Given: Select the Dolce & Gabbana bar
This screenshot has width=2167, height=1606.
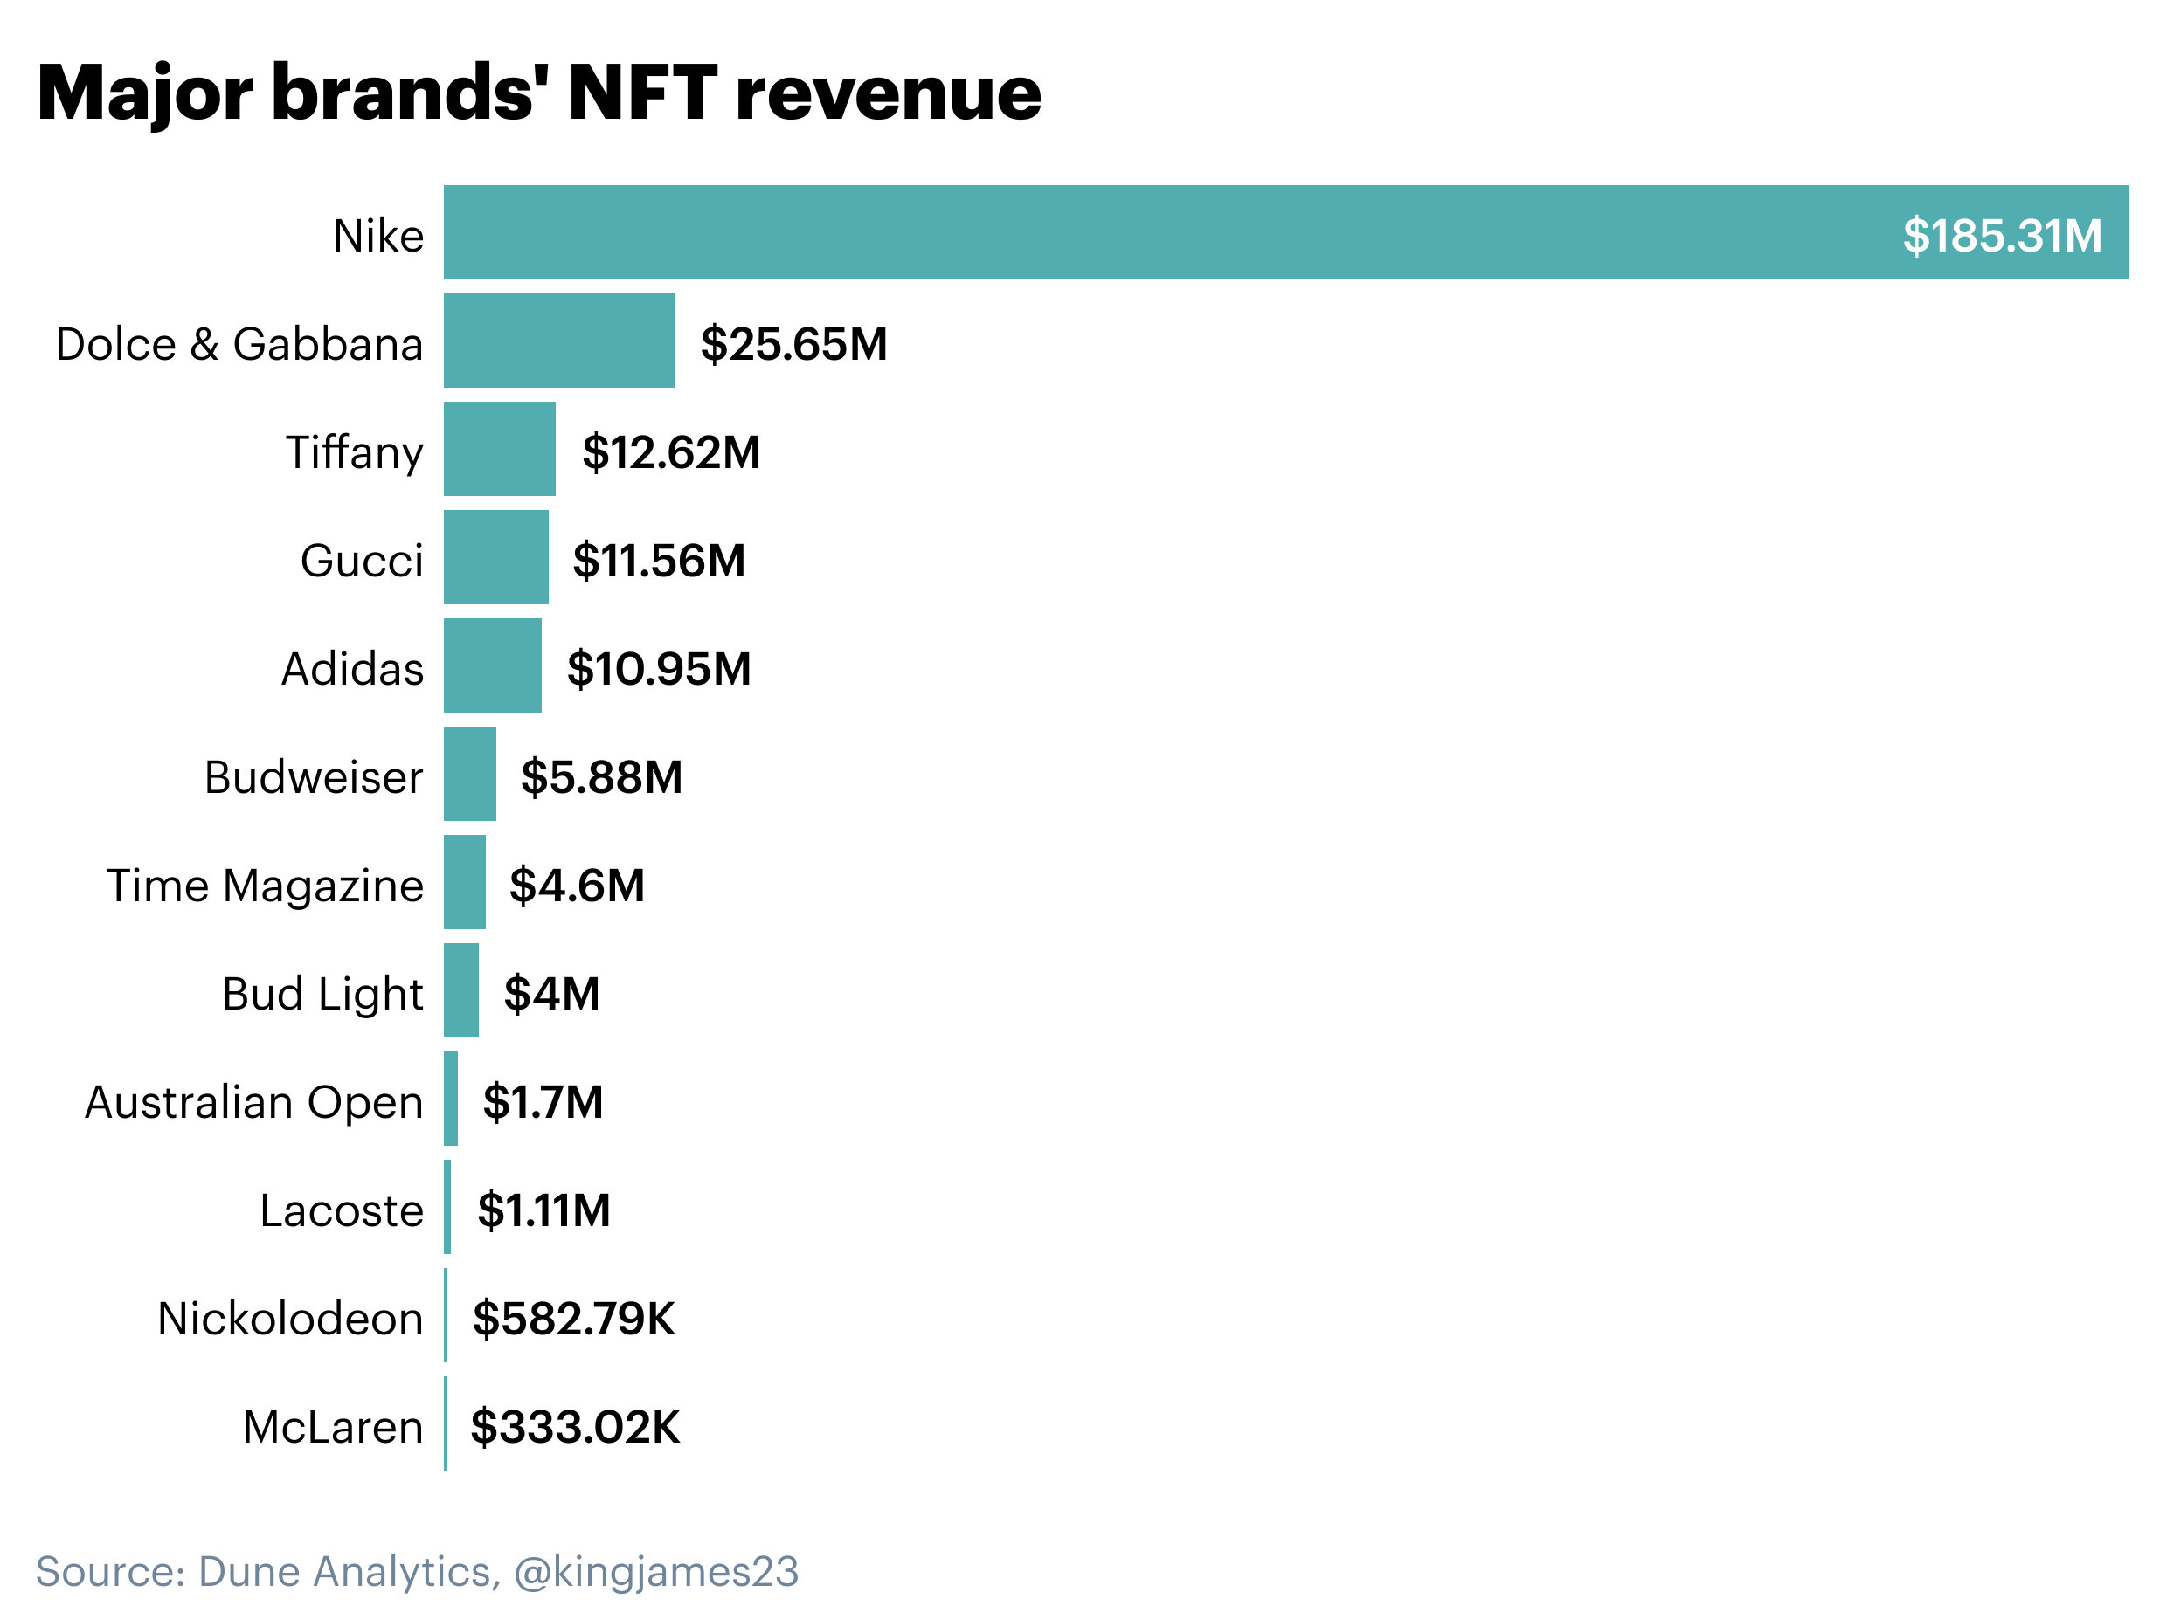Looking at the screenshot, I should (558, 341).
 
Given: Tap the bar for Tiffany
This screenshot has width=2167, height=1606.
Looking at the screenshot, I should (499, 449).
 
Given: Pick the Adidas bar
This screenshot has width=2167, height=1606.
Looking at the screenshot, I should (492, 666).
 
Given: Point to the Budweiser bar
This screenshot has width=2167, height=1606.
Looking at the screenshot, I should (470, 774).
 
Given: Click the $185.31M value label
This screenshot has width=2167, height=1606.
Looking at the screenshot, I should (2001, 235).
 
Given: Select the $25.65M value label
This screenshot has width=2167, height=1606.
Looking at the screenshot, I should (793, 344).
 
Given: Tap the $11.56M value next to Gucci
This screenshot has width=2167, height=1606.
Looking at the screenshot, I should (659, 561).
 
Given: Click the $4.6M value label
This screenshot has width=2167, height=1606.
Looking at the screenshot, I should (577, 886).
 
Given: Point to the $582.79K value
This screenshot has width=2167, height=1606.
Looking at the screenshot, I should (573, 1320).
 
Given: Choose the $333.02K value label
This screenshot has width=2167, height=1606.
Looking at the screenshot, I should (575, 1427).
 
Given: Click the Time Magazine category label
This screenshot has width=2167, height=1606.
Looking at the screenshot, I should (265, 886).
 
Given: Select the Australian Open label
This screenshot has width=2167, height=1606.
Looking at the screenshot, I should (254, 1102).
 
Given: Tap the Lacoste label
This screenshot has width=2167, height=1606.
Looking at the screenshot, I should (342, 1211).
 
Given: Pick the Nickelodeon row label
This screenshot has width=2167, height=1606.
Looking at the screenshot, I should (290, 1320).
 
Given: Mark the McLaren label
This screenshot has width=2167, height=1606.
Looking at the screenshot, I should (333, 1427).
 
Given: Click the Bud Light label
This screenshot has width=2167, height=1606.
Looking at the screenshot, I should (323, 994).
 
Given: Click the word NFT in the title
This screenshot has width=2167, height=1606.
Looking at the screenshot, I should (643, 93).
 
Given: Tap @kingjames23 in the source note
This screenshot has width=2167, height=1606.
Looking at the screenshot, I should (655, 1572).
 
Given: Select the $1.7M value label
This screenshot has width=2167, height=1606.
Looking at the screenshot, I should (543, 1102).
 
